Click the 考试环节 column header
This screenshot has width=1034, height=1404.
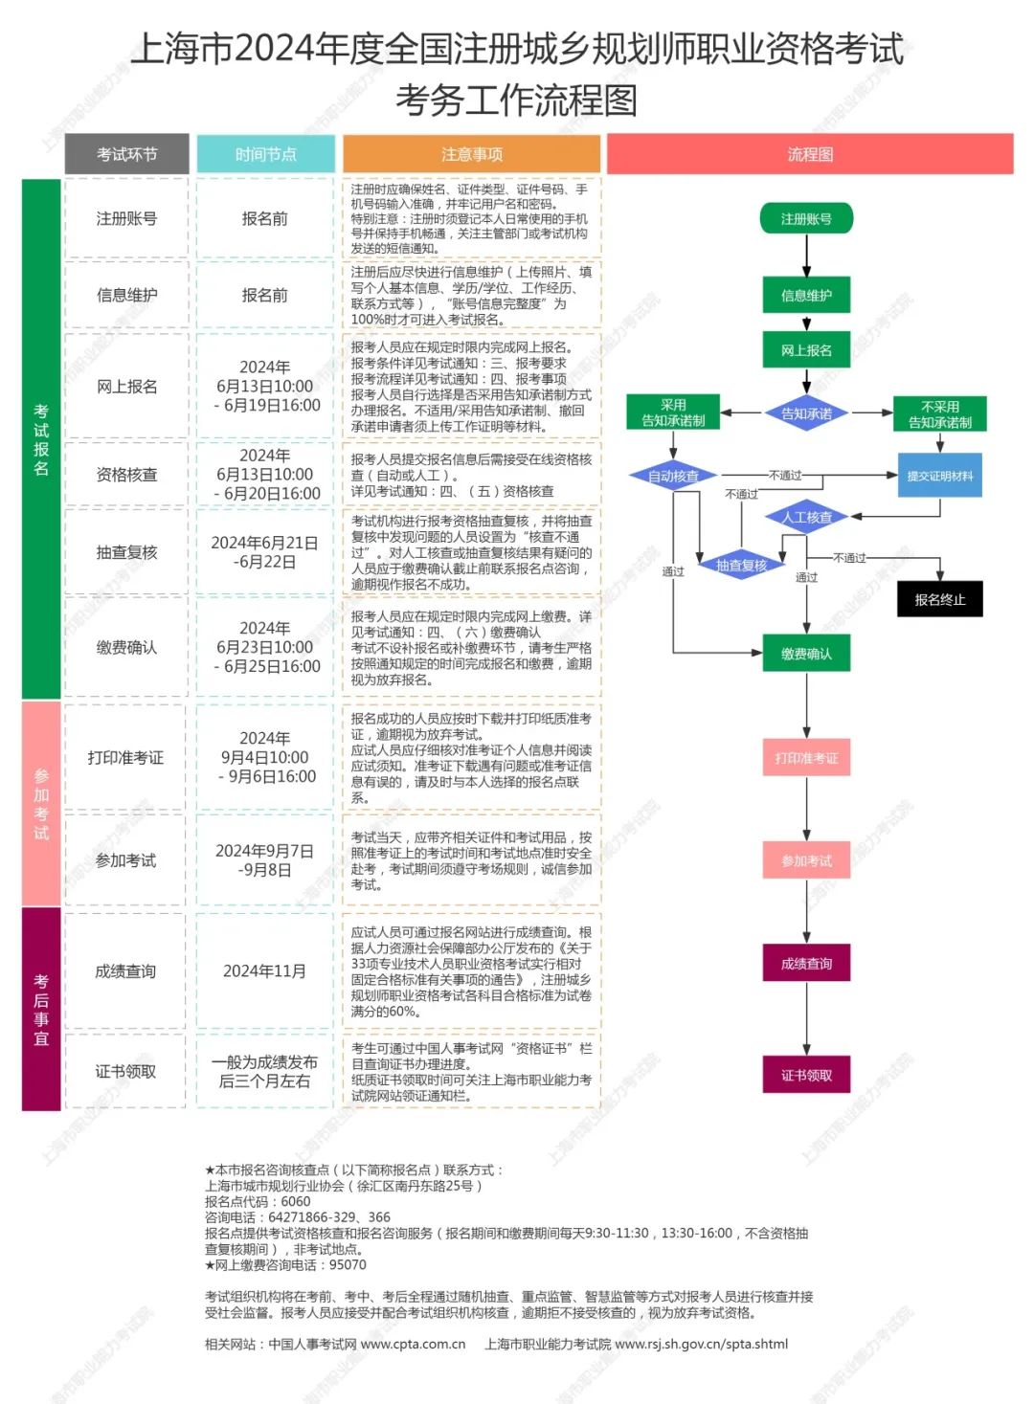pos(126,154)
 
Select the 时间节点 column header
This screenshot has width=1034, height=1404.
pos(265,154)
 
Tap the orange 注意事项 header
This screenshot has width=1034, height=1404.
pos(471,154)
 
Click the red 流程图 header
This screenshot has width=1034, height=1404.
pos(810,154)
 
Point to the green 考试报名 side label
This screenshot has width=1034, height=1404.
pos(41,439)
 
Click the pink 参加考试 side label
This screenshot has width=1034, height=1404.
pos(41,804)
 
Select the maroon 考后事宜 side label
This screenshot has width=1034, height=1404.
pos(41,1009)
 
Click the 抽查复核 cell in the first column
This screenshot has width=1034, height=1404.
pos(126,552)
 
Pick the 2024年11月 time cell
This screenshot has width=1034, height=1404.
pos(264,971)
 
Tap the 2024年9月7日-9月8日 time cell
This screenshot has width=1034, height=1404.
pos(264,860)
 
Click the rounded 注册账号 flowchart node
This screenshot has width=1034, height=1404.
pos(806,219)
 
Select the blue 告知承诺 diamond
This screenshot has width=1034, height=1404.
pos(806,413)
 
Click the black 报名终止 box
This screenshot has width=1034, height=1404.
pos(939,600)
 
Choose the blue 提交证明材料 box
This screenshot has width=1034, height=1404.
pos(939,476)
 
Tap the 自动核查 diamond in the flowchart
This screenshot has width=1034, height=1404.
pos(674,476)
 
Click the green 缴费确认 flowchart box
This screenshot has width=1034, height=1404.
pos(806,654)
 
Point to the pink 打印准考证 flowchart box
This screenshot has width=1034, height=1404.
pos(806,758)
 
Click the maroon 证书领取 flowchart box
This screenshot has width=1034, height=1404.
pos(806,1075)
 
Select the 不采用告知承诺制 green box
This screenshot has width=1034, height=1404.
pos(939,414)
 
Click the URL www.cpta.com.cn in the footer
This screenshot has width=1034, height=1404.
pos(413,1344)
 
